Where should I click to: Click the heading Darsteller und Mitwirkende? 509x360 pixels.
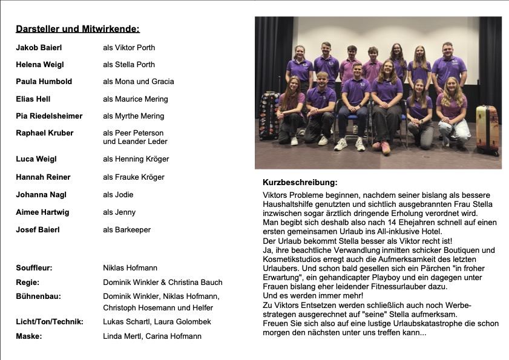[77, 28]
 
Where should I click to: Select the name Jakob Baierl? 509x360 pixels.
[39, 47]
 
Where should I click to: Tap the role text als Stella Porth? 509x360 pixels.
[129, 64]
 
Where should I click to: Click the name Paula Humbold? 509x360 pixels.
[44, 82]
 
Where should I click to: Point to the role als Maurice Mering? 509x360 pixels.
[136, 99]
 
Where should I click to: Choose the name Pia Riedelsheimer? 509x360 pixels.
[49, 116]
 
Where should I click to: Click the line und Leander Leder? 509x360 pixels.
[135, 142]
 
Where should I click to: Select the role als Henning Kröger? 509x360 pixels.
[136, 159]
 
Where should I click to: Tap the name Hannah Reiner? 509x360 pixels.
[43, 177]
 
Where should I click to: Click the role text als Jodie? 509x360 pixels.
[118, 195]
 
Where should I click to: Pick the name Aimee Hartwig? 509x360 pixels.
[42, 212]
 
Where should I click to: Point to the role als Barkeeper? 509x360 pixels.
[126, 230]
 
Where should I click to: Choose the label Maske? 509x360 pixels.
[28, 336]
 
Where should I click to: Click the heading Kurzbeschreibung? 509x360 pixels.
[300, 182]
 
